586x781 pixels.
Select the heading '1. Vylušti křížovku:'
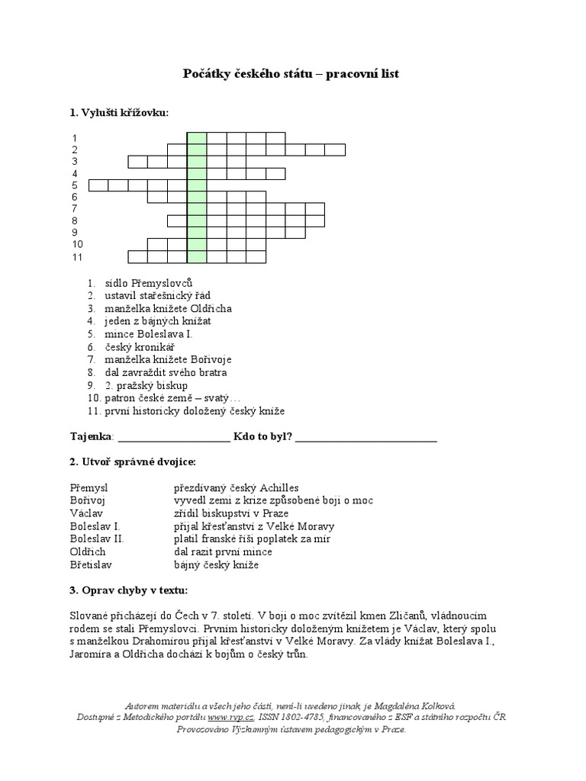click(118, 113)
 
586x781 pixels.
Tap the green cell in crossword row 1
click(197, 138)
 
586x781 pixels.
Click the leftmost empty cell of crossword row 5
click(98, 185)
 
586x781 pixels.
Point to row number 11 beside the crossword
click(77, 257)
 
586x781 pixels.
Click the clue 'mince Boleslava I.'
click(149, 334)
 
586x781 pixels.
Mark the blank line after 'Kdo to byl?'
click(365, 438)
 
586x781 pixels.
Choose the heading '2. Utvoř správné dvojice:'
click(132, 462)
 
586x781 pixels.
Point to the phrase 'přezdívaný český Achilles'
click(236, 487)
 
